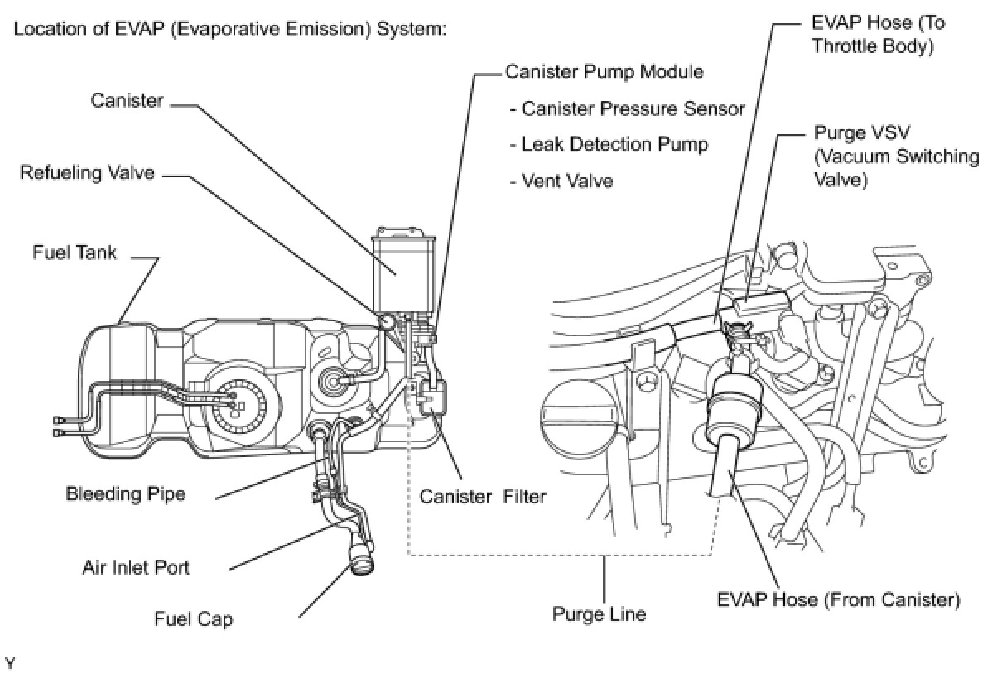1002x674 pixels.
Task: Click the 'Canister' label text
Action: point(127,100)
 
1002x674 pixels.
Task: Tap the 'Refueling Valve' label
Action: point(88,173)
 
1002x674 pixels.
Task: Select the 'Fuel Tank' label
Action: point(75,252)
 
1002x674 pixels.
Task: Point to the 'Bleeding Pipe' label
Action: point(126,494)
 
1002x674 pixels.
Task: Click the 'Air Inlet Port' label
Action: point(136,567)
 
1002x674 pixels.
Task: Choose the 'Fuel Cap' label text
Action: point(194,619)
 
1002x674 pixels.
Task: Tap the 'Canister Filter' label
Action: point(483,497)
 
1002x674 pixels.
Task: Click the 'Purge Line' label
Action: point(599,614)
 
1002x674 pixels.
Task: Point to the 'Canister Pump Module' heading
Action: point(605,72)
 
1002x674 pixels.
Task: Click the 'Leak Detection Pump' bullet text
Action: point(609,144)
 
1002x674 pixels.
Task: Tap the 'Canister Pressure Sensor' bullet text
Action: point(627,108)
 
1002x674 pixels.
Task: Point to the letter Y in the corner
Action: point(10,662)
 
